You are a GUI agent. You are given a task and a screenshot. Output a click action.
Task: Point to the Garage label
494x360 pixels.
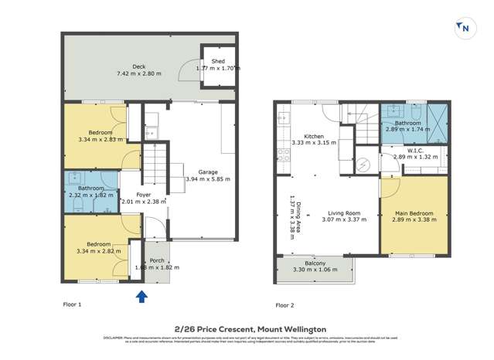point(208,172)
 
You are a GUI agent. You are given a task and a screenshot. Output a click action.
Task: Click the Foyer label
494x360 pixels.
point(144,195)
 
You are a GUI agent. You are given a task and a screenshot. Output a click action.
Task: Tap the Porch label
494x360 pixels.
point(157,260)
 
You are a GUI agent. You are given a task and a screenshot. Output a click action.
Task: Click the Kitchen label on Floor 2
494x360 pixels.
point(314,136)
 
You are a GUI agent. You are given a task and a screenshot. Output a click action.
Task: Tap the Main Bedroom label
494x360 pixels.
point(415,212)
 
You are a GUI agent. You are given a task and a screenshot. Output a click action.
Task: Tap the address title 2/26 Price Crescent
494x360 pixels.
point(210,328)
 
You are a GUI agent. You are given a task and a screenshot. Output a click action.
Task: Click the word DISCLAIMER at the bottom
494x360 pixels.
point(114,338)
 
